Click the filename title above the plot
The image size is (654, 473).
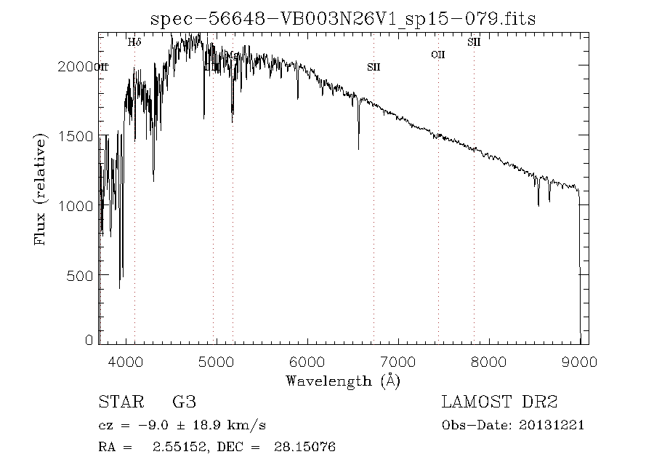[342, 19]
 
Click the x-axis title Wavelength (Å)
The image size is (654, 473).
[343, 380]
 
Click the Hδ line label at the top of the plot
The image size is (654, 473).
[134, 42]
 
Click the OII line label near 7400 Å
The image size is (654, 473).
[437, 55]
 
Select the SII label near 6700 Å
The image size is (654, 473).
[374, 67]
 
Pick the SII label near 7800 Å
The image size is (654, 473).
[474, 42]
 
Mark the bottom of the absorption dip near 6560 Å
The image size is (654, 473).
[358, 149]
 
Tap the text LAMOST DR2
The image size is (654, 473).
[499, 402]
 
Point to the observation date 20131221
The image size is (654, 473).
[553, 426]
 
